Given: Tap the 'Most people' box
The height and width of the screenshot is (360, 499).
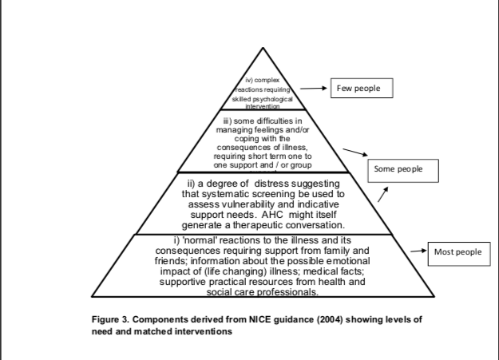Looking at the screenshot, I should coord(458,252).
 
